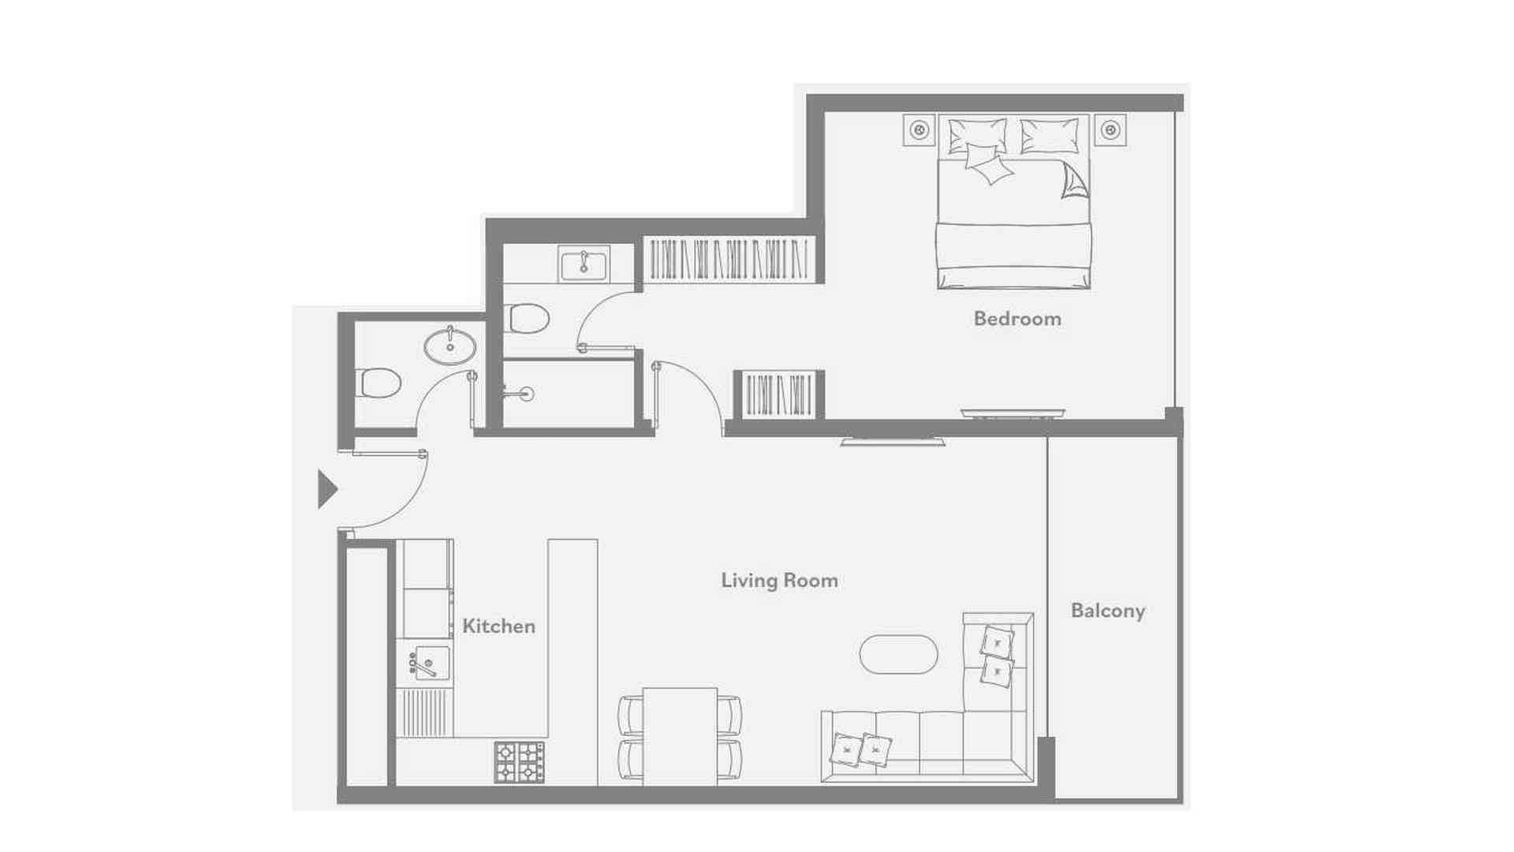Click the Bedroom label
tap(1017, 319)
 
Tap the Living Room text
tap(779, 581)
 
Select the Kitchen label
tap(498, 626)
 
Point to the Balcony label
tap(1107, 611)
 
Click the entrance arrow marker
tap(326, 489)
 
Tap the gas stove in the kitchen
tap(519, 761)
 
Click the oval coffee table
tap(898, 655)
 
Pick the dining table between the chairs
tap(680, 736)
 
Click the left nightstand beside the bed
tap(919, 129)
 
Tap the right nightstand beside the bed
tap(1110, 129)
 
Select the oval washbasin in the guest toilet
tap(450, 346)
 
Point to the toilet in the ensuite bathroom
tap(526, 319)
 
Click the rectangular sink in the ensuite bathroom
tap(584, 263)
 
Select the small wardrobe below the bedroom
tap(779, 394)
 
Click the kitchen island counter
tap(572, 663)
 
